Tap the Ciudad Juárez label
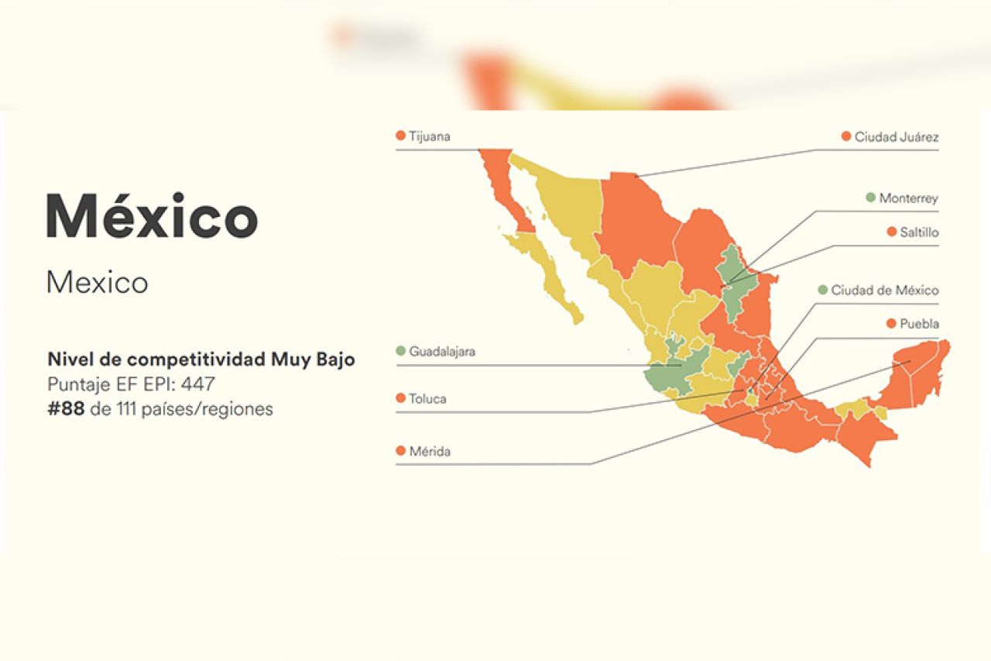click(897, 137)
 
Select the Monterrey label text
click(908, 198)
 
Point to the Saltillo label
click(918, 232)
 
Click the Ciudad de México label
click(885, 291)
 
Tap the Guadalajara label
click(442, 351)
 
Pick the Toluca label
click(427, 399)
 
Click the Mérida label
click(430, 451)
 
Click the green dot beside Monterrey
click(870, 198)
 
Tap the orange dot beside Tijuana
click(400, 136)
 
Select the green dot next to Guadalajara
click(400, 351)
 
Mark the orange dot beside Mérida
click(400, 451)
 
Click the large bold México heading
click(152, 216)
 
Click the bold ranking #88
click(66, 409)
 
